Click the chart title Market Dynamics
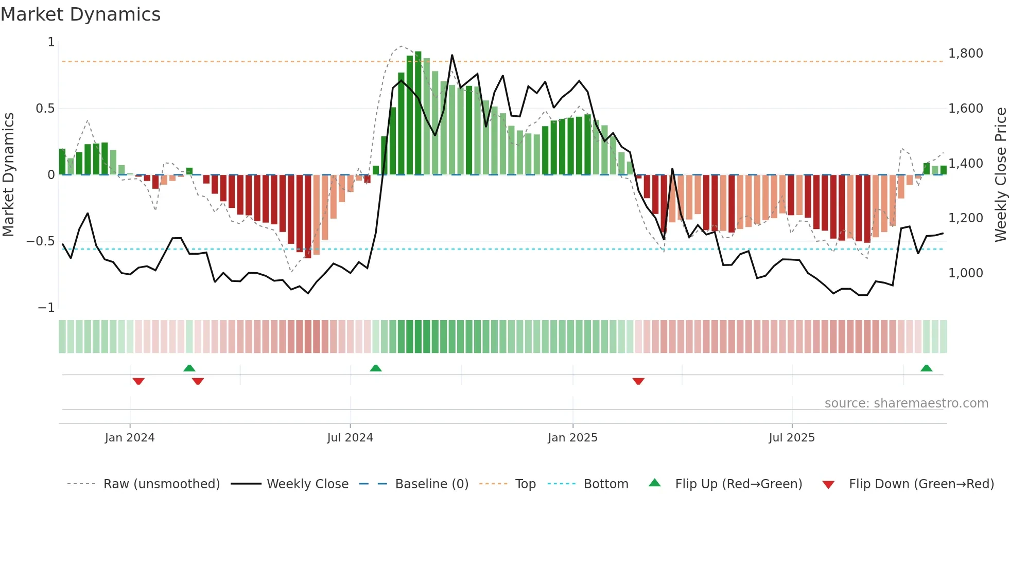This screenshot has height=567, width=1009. tap(80, 14)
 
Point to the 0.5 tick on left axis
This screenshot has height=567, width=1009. tap(45, 109)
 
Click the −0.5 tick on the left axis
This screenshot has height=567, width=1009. tap(41, 241)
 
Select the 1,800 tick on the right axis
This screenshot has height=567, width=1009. tap(965, 54)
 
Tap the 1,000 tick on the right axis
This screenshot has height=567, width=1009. tap(965, 273)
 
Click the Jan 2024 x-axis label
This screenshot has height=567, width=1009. tap(130, 438)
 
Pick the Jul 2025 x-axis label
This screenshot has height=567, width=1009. tap(792, 438)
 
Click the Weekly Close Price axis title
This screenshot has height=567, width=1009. tap(1000, 174)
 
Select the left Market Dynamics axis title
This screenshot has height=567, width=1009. tap(8, 174)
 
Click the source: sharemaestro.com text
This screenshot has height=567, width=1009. tap(906, 403)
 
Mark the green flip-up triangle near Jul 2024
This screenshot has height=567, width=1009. tap(376, 368)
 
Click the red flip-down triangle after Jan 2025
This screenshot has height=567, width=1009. tap(638, 381)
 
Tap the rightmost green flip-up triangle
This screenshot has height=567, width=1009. tap(926, 368)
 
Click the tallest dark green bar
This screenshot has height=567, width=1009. tap(418, 113)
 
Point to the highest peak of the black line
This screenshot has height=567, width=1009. tap(452, 55)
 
